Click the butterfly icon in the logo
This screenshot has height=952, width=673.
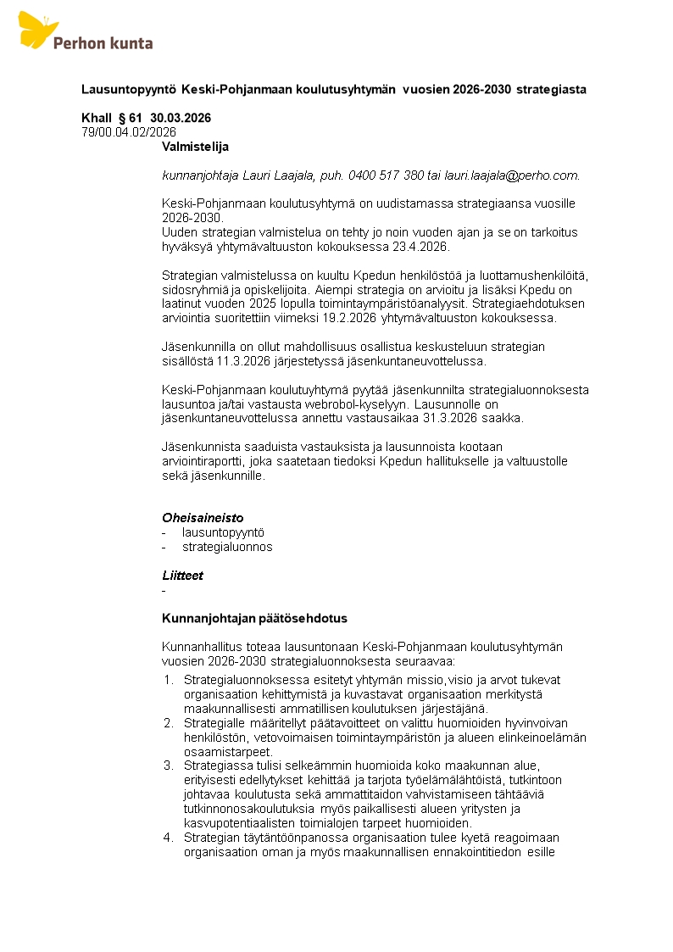tap(37, 30)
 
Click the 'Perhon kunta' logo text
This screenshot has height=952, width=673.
tap(103, 42)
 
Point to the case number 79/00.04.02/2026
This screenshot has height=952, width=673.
tap(129, 131)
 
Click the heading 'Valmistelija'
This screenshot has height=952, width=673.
tap(196, 147)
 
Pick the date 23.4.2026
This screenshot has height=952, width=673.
tap(421, 247)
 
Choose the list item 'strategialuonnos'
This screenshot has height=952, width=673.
tap(227, 547)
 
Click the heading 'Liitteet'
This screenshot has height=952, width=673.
tap(182, 576)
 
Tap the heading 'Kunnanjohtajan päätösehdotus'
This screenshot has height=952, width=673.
tap(254, 618)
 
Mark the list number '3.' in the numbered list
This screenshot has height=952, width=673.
tap(168, 765)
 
